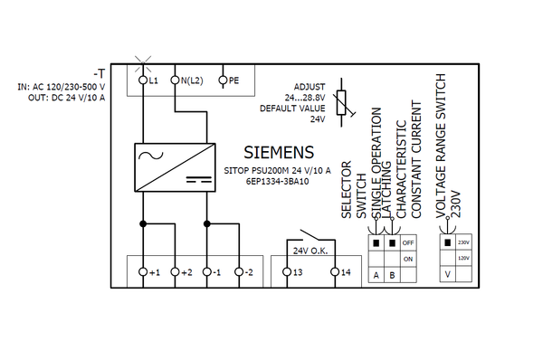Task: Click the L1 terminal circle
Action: click(143, 81)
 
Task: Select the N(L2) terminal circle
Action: click(175, 81)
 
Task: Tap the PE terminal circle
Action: click(223, 81)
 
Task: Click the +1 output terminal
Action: click(143, 271)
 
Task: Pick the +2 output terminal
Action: click(175, 271)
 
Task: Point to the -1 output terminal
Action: click(207, 271)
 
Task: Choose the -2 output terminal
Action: click(239, 271)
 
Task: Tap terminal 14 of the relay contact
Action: click(335, 271)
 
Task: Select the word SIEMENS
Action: click(280, 151)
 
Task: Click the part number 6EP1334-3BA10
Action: click(277, 180)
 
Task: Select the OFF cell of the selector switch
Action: click(408, 242)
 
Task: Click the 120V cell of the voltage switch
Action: click(464, 258)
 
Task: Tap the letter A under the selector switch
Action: click(376, 274)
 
